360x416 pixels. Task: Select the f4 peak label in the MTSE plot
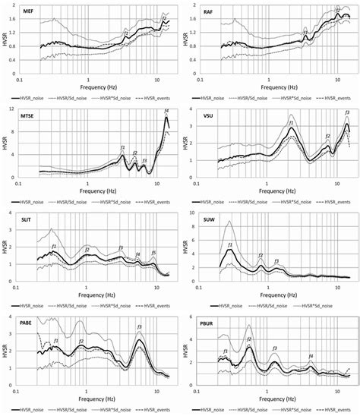point(166,112)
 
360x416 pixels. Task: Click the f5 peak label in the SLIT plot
point(153,252)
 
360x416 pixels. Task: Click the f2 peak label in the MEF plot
point(165,18)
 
